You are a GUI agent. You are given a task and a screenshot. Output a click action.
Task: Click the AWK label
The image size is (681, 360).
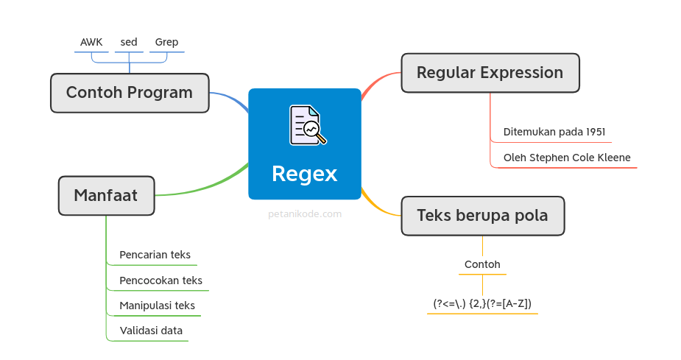point(91,42)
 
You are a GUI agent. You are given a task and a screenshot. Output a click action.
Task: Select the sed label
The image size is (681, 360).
point(129,42)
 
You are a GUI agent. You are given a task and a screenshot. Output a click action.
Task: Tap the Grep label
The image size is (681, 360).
point(166,42)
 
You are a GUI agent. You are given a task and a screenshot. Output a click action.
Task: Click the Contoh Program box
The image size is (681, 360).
point(130,93)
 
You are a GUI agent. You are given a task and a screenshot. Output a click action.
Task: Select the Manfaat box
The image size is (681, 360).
point(106,196)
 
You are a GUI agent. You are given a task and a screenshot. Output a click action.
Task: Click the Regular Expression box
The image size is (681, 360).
point(490,73)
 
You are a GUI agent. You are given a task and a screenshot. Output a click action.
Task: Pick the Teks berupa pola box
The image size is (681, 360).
point(482,216)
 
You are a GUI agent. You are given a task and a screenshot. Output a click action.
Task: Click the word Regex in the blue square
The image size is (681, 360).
point(304,174)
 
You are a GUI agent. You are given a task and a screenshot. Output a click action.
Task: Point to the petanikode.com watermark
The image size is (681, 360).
point(304,214)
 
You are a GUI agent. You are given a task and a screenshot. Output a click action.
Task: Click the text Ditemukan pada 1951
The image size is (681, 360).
point(554,132)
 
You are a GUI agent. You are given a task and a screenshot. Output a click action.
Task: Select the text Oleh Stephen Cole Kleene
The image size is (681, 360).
point(567,158)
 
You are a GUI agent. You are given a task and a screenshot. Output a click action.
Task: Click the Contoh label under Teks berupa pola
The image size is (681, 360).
point(482,264)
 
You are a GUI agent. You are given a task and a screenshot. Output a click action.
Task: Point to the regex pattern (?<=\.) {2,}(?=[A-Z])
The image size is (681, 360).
point(482,303)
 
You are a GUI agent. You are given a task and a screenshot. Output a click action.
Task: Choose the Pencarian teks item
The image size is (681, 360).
point(155,255)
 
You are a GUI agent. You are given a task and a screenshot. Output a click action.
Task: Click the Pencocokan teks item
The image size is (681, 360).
point(160,280)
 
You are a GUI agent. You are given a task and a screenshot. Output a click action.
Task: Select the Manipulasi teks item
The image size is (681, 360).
point(157,306)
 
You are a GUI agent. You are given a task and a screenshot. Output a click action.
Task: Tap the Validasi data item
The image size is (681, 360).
point(151,331)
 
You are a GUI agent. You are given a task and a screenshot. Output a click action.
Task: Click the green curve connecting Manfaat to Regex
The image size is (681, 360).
point(214,185)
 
